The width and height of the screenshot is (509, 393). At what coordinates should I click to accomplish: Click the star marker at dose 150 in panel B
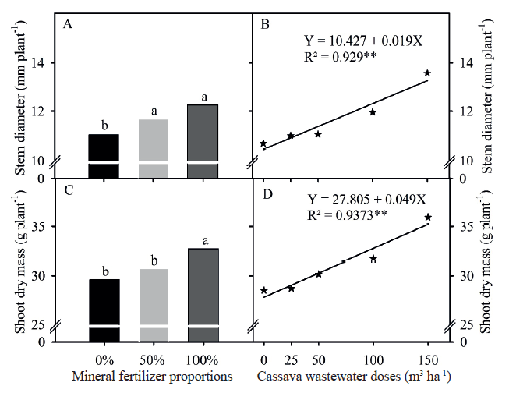pos(427,73)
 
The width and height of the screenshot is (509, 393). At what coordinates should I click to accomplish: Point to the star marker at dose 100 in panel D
pos(373,259)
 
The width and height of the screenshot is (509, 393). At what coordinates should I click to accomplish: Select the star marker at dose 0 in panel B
pos(263,143)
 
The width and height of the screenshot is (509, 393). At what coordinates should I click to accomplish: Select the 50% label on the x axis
pos(153,361)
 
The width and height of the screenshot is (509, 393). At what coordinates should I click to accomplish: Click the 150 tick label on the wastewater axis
pos(427,361)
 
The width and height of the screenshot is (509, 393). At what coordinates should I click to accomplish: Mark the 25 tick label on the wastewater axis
pos(291,361)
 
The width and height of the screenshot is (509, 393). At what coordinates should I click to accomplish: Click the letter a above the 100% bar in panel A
pos(204,97)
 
